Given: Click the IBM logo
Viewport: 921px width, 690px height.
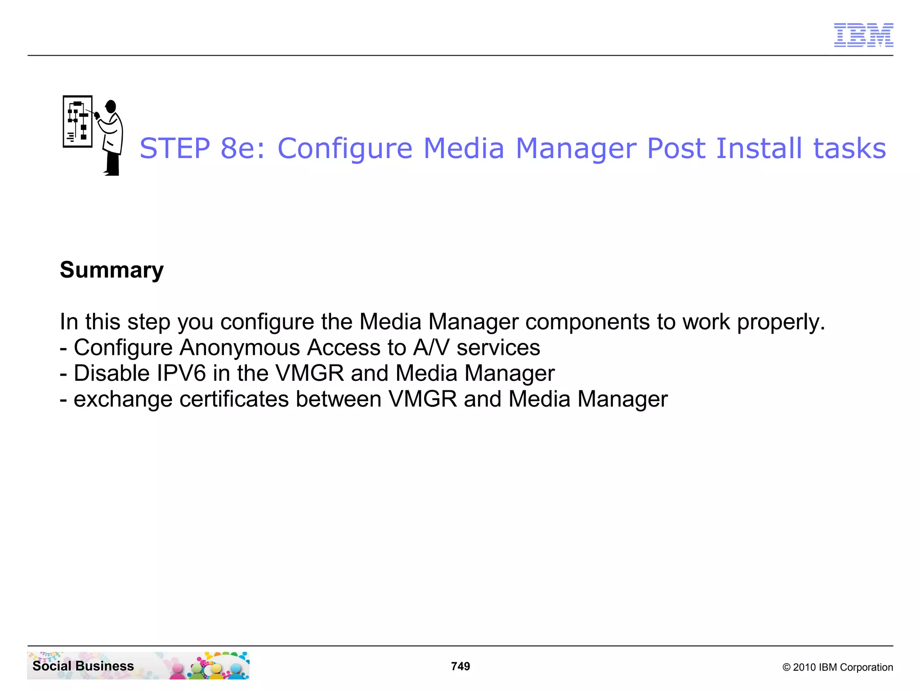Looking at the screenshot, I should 863,35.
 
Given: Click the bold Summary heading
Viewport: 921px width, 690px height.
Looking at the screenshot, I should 112,270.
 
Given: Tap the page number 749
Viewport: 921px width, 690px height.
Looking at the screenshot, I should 460,666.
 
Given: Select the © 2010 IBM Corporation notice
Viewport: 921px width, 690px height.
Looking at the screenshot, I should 837,667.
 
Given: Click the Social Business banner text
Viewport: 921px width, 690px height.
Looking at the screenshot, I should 83,666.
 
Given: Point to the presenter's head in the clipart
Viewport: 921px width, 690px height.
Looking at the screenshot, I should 111,106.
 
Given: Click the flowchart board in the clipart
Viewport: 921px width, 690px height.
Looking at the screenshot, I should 77,121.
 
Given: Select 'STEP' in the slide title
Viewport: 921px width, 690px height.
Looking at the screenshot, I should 175,148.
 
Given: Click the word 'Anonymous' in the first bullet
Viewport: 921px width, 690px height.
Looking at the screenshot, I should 240,348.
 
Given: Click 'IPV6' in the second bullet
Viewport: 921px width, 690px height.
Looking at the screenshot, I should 181,374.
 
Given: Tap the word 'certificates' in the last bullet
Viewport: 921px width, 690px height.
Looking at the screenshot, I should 234,399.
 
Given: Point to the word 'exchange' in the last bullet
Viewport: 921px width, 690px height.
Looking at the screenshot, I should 123,399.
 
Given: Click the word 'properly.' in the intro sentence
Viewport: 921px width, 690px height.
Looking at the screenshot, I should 781,322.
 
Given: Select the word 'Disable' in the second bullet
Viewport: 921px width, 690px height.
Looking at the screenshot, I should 112,374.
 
